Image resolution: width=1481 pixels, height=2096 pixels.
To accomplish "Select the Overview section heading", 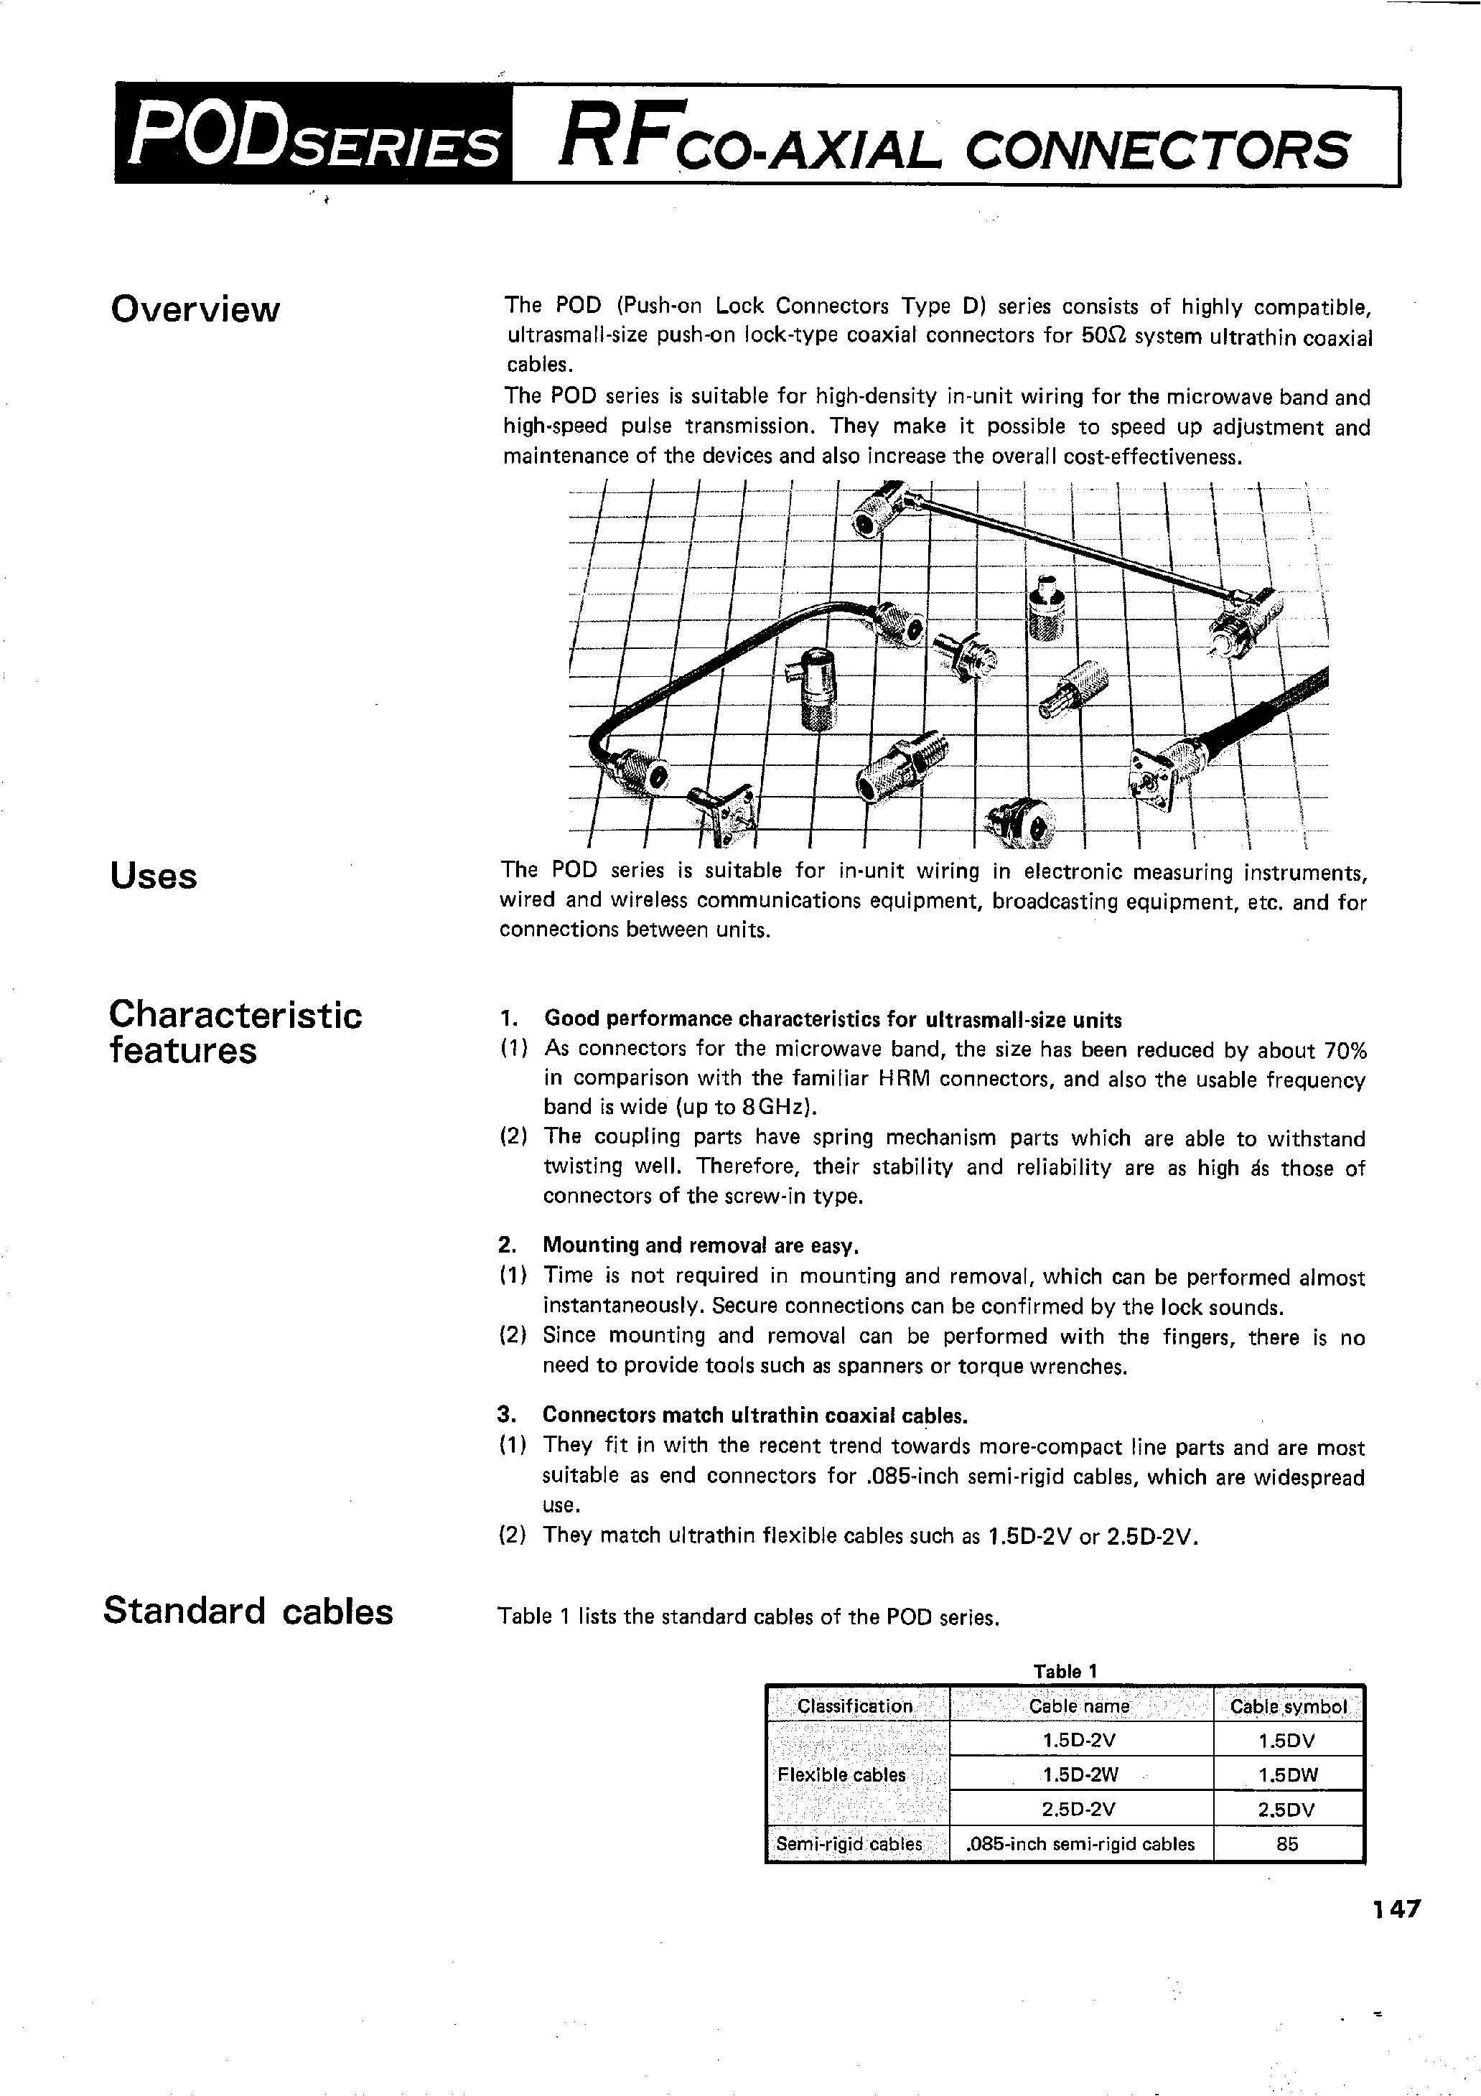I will tap(195, 309).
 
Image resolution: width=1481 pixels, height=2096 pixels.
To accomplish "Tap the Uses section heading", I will tap(154, 876).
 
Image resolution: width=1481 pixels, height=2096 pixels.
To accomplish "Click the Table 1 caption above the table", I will tap(1064, 1672).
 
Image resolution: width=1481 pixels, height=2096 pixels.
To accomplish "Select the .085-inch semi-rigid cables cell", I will tap(1080, 1844).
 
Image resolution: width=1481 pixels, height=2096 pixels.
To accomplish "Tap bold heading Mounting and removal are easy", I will tap(701, 1246).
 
